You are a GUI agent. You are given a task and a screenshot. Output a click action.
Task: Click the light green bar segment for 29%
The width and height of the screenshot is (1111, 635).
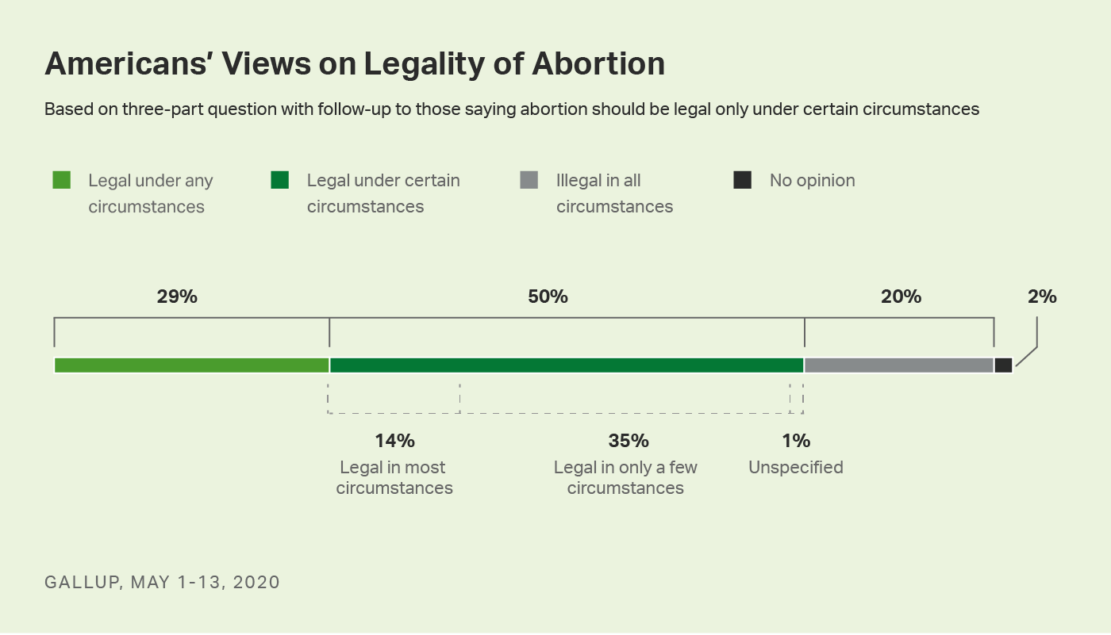191,365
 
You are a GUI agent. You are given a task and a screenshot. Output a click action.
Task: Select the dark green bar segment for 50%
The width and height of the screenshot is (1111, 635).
567,365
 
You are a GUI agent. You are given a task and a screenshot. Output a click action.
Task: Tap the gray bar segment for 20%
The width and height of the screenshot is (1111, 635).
898,365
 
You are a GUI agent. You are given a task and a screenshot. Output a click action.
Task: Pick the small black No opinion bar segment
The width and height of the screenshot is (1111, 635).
1003,365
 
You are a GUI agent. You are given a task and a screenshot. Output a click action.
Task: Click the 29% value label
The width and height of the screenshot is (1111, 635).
176,297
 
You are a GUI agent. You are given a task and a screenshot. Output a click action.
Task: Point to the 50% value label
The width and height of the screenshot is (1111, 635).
548,297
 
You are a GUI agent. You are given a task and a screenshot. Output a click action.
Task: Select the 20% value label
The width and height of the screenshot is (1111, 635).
901,297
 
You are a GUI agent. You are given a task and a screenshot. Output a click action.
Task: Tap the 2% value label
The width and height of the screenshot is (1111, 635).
1042,297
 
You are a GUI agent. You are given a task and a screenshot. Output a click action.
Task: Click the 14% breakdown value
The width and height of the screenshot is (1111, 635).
394,441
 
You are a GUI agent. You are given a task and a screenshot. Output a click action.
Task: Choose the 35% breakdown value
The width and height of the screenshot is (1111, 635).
629,441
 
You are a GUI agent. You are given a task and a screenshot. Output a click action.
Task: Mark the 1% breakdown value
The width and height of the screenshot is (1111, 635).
796,441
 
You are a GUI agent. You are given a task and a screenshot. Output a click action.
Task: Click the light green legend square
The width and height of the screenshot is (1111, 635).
62,180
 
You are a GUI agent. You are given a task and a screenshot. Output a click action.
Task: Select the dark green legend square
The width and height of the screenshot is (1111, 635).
280,180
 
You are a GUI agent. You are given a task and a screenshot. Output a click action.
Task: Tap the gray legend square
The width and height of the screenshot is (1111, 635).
529,180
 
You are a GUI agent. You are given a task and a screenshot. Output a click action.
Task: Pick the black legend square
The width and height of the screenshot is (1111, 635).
743,180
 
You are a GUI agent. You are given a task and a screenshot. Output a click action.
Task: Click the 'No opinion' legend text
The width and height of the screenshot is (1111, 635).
812,181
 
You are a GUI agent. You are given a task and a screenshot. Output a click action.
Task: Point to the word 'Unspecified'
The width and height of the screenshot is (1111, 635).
796,468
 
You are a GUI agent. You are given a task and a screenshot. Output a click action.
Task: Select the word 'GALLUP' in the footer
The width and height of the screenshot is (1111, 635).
82,583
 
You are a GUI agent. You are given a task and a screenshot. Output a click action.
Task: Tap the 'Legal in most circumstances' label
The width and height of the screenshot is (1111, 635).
394,478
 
